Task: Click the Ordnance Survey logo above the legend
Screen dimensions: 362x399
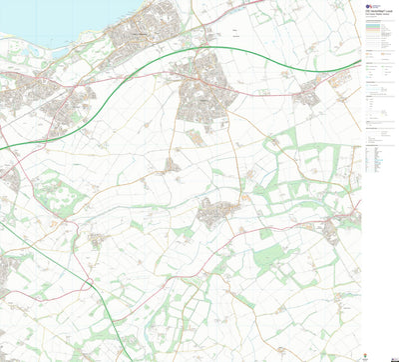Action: point(368,7)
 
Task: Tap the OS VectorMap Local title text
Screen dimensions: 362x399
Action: point(383,5)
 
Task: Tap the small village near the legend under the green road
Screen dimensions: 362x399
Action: point(308,96)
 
